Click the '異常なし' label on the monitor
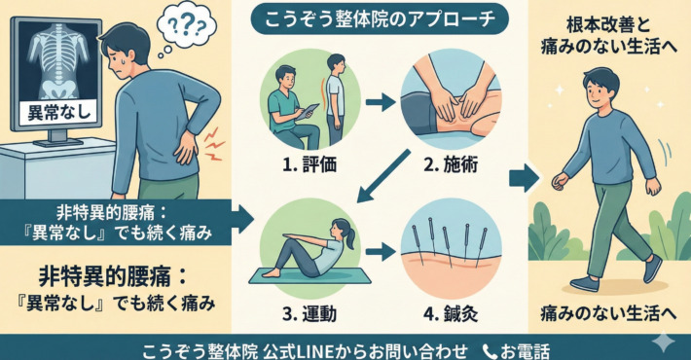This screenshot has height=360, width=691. click(x=59, y=112)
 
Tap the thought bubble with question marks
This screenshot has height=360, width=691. click(x=187, y=23)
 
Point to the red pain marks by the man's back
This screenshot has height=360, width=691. click(x=214, y=143)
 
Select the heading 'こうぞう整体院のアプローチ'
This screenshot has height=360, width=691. click(x=380, y=20)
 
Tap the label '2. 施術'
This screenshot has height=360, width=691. click(x=451, y=164)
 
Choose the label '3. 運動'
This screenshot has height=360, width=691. click(x=309, y=313)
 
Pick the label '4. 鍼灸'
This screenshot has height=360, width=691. click(x=451, y=313)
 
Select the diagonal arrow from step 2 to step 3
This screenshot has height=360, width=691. click(x=382, y=176)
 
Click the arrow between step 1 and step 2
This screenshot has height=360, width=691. click(x=381, y=103)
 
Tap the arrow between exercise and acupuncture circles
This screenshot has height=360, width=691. click(x=381, y=252)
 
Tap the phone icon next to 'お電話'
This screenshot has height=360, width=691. click(x=490, y=351)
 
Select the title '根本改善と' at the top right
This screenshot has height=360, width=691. click(x=608, y=25)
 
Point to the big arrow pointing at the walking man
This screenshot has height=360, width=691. click(x=524, y=178)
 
